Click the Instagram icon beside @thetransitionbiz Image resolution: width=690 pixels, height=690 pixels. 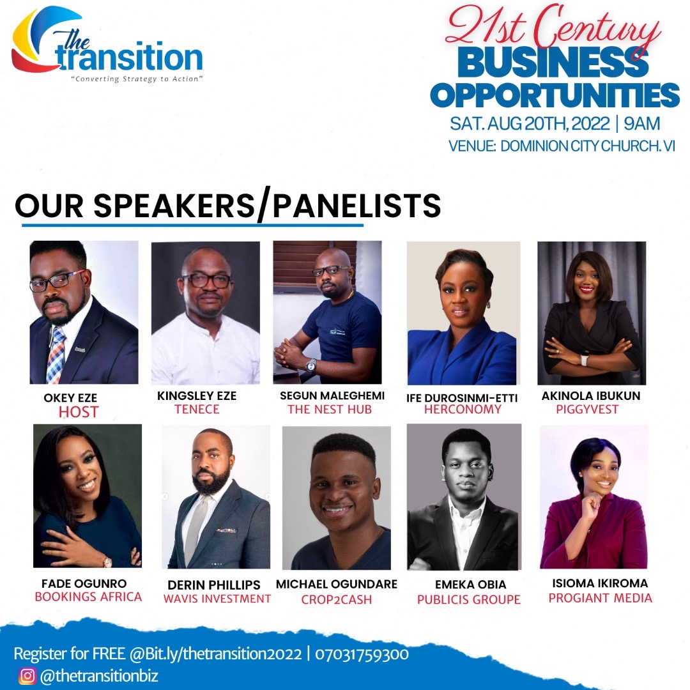point(27,675)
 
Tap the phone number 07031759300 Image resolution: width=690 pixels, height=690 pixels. point(362,654)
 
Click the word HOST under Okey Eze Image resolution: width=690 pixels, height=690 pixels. point(79,412)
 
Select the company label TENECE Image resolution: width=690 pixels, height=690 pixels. point(197,410)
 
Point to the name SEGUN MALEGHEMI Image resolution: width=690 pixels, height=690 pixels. point(332,395)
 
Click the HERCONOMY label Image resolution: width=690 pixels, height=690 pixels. point(463,410)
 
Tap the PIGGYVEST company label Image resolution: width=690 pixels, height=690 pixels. point(587,410)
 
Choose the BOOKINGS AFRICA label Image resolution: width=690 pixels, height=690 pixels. point(88,597)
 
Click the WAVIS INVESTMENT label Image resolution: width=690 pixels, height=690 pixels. point(217,599)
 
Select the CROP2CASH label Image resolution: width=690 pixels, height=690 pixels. point(337,599)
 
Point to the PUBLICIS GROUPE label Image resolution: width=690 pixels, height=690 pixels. point(469,599)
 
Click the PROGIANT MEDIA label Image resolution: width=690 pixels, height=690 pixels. point(600,598)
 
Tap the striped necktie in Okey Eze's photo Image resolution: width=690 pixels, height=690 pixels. point(56,355)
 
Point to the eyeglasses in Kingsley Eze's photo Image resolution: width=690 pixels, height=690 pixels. point(207,280)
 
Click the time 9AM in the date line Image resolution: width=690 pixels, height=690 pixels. point(642,124)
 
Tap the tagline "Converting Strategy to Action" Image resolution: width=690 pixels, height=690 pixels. point(137,79)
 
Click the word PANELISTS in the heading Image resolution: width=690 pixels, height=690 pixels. point(357,206)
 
